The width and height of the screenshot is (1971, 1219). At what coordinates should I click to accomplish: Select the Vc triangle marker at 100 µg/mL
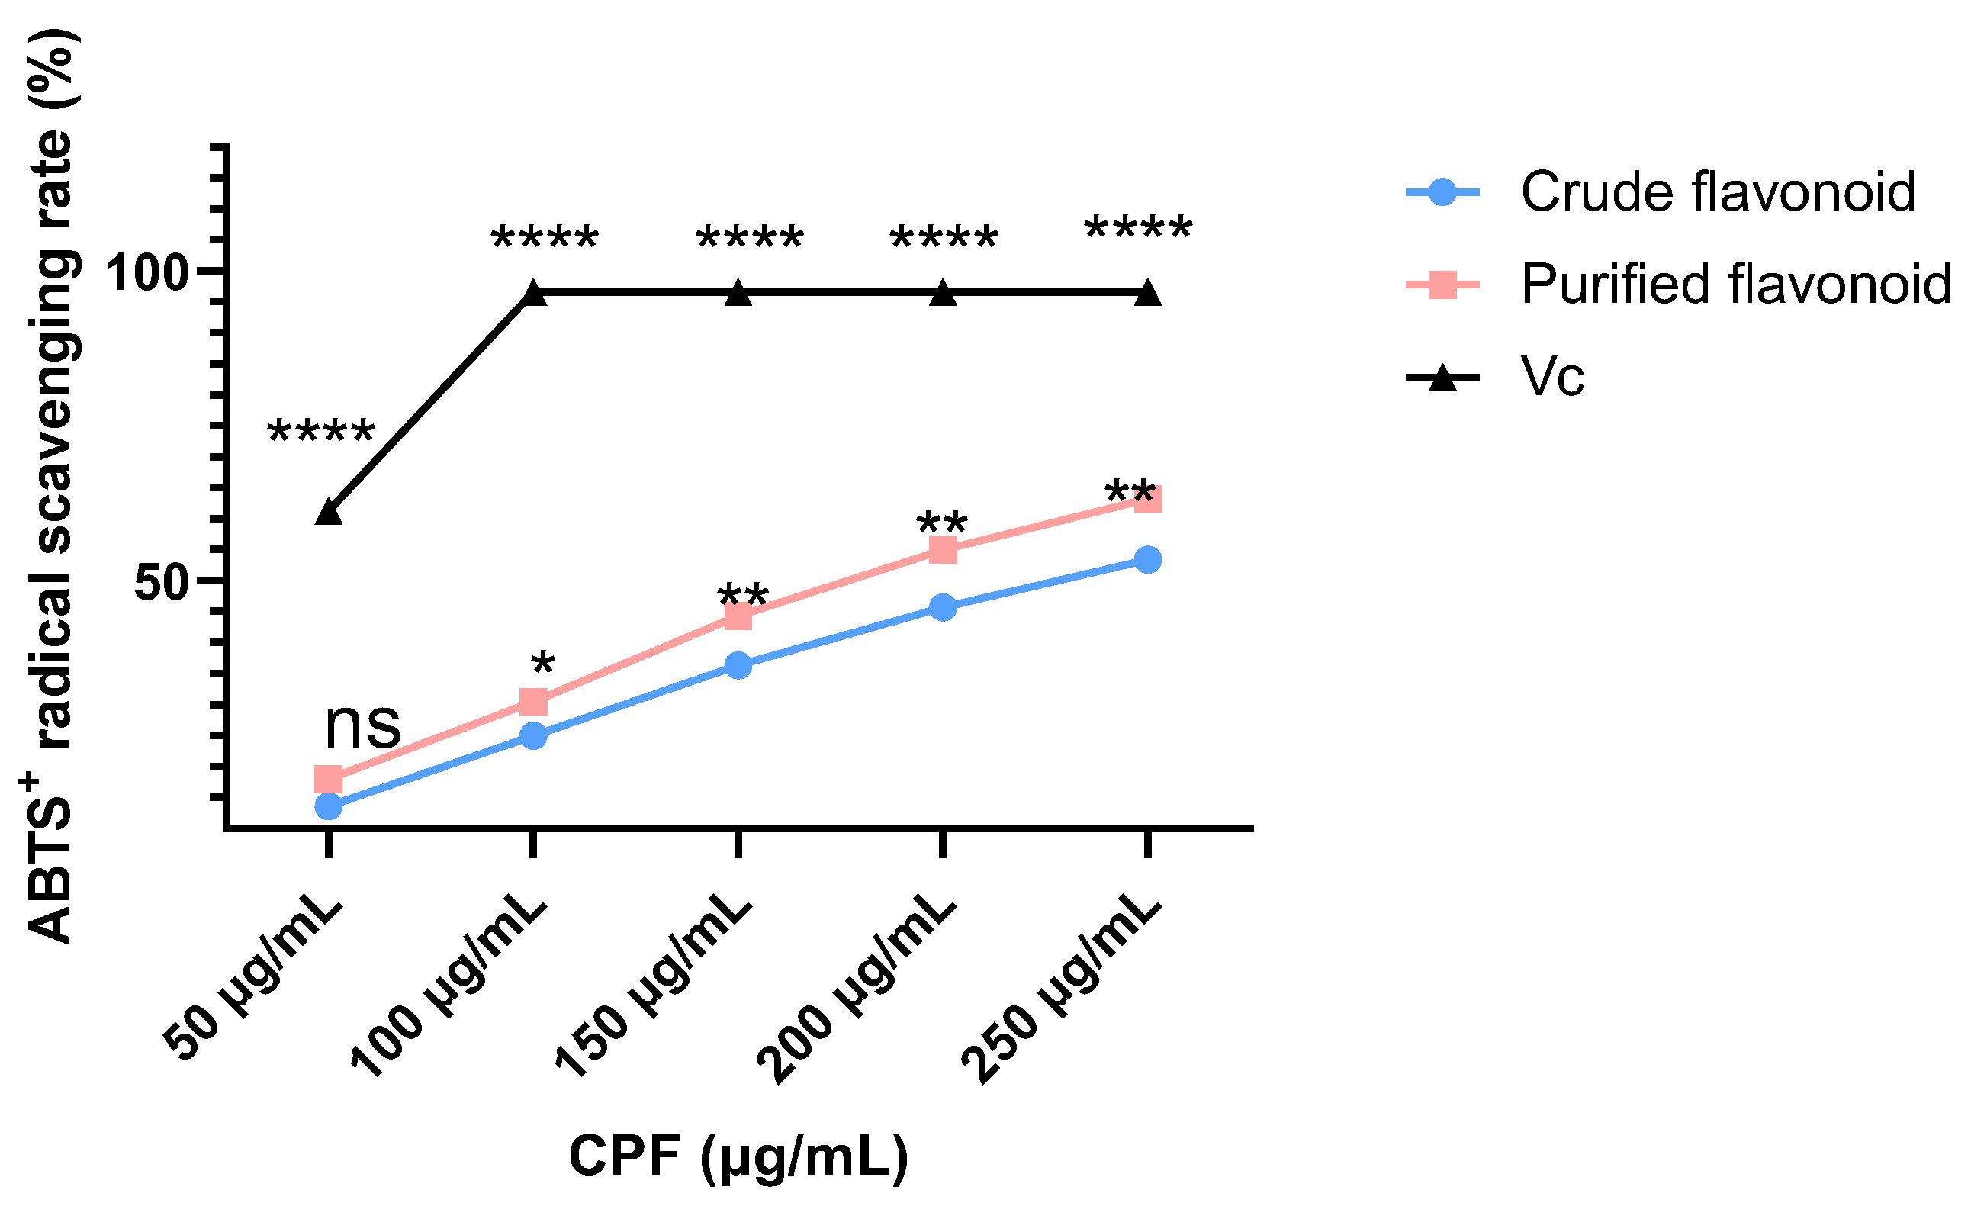click(x=534, y=294)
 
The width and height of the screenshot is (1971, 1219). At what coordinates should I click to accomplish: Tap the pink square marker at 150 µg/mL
click(x=738, y=617)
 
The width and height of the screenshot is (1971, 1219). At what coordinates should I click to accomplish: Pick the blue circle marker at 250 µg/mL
click(x=1148, y=559)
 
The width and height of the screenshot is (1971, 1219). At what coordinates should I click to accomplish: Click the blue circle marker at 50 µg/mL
click(x=329, y=806)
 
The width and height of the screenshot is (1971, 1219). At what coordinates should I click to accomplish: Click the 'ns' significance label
click(x=363, y=725)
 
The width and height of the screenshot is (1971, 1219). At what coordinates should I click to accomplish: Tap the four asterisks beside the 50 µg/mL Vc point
click(x=321, y=434)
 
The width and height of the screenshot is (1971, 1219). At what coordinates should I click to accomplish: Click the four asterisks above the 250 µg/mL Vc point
click(x=1138, y=230)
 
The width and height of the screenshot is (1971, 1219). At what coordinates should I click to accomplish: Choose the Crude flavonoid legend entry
click(x=1717, y=192)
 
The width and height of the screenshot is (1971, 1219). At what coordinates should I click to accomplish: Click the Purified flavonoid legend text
click(x=1735, y=285)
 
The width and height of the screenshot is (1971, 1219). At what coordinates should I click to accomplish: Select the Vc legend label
click(x=1552, y=377)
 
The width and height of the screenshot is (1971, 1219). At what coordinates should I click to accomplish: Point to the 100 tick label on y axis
click(x=146, y=273)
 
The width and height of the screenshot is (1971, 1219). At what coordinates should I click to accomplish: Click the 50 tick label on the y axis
click(x=160, y=583)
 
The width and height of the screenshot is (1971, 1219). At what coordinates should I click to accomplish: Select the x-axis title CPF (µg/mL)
click(x=738, y=1156)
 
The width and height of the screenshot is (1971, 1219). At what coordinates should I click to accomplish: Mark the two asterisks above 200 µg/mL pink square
click(x=941, y=523)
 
